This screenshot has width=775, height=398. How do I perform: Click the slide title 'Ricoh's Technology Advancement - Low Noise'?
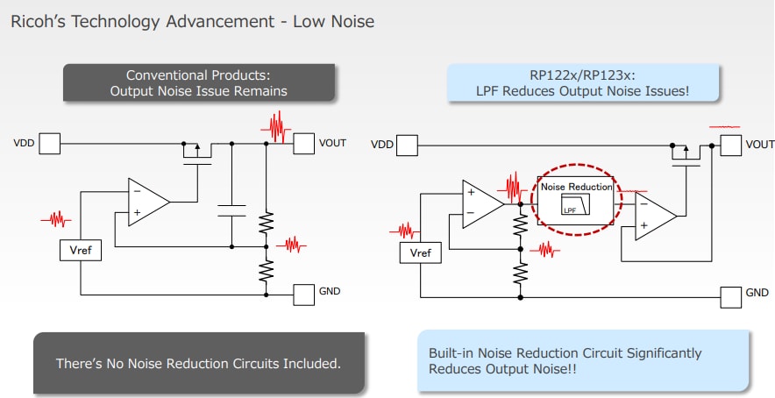point(192,21)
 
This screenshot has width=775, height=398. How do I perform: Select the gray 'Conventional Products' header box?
point(198,83)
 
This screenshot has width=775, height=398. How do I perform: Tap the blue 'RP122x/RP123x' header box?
point(582,83)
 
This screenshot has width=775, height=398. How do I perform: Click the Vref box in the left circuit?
point(80,251)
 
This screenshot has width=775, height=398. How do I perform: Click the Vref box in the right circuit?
point(421,253)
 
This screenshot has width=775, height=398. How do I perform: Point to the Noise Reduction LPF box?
point(576,199)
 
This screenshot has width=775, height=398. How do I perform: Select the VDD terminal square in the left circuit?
point(49,143)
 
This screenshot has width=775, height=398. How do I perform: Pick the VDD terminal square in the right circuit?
point(408,145)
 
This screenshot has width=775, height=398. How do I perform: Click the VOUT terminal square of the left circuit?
point(303,143)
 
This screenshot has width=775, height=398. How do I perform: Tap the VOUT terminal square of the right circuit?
point(730,145)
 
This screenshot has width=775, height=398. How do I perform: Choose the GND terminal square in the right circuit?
point(730,296)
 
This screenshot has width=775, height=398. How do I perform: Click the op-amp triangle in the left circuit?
point(147,202)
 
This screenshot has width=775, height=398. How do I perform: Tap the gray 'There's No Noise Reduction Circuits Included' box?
point(198,363)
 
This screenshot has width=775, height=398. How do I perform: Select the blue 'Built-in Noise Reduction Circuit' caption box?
point(583,360)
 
